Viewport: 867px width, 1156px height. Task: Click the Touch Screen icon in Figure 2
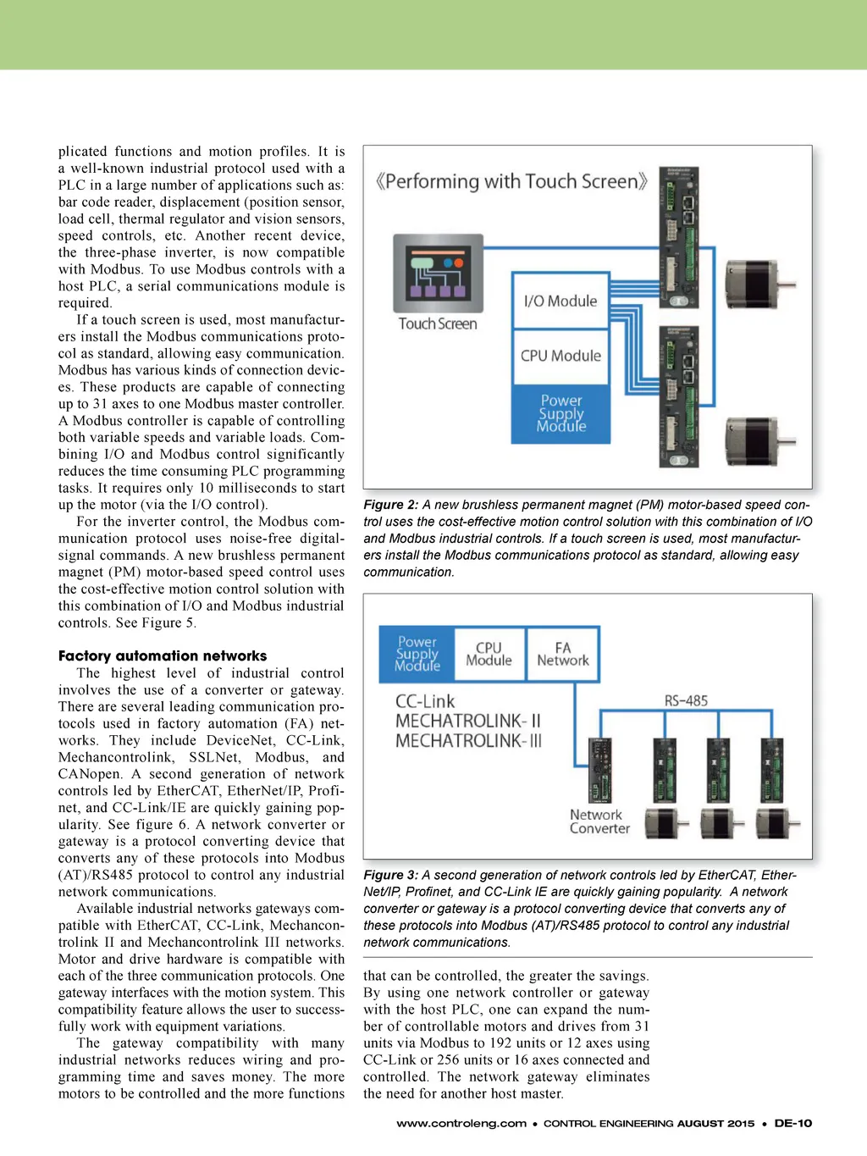click(438, 273)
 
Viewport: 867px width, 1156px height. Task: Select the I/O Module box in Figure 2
click(561, 301)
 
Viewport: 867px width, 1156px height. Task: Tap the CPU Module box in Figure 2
click(561, 356)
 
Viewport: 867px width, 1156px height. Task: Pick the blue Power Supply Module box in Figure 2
click(561, 413)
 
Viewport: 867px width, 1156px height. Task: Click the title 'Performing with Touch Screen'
click(512, 181)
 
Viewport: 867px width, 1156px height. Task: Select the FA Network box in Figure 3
click(562, 654)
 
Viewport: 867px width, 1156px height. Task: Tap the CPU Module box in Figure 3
click(489, 654)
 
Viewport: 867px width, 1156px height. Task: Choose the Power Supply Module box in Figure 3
click(417, 654)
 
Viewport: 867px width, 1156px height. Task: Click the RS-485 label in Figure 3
click(686, 700)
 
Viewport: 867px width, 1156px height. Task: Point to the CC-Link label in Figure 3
click(425, 701)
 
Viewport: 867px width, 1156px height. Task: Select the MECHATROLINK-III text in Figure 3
click(468, 741)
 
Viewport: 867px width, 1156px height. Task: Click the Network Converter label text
click(599, 821)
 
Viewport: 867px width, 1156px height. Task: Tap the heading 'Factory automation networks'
click(163, 655)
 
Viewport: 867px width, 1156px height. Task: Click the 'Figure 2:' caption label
click(390, 505)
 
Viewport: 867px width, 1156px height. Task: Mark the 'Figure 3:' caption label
click(390, 875)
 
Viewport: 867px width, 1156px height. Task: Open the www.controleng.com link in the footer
click(461, 1123)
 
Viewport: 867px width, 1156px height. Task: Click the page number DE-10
click(792, 1123)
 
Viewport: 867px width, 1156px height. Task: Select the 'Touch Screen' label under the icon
click(438, 324)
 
